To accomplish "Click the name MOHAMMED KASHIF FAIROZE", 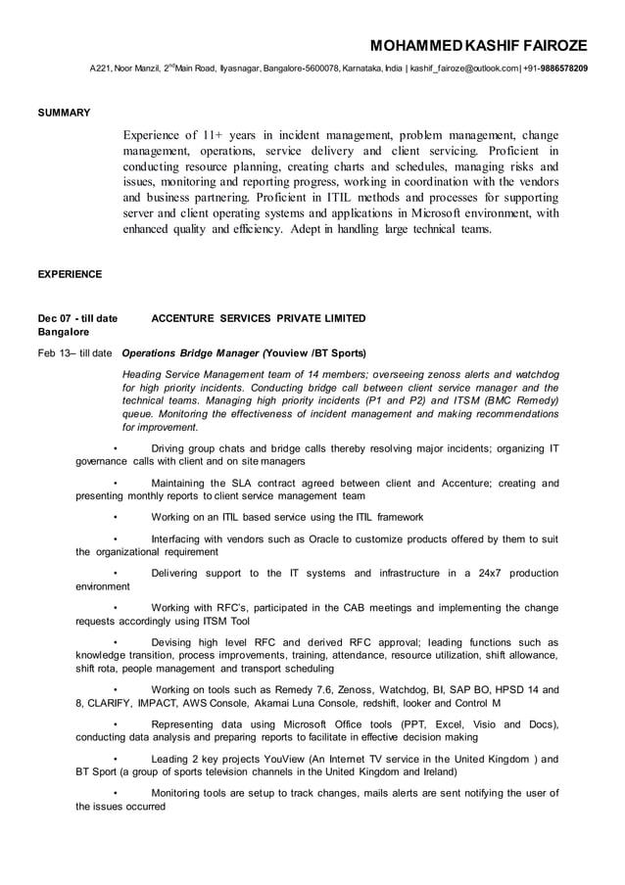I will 478,46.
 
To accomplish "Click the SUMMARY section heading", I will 64,113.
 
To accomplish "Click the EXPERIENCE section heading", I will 69,274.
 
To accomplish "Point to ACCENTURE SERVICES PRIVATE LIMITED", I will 259,318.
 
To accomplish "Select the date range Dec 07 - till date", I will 77,318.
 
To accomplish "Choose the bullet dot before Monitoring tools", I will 116,793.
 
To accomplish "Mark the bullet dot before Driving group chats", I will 116,447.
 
